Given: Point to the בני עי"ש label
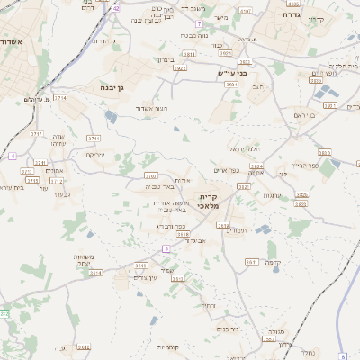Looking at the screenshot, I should pyautogui.click(x=232, y=74).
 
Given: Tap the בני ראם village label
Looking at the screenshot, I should pyautogui.click(x=305, y=114).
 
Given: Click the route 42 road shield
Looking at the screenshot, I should pyautogui.click(x=116, y=8).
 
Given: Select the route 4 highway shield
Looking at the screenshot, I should pyautogui.click(x=13, y=156).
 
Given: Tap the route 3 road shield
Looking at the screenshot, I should pyautogui.click(x=166, y=247).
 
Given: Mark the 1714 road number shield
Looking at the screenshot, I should pyautogui.click(x=60, y=97).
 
